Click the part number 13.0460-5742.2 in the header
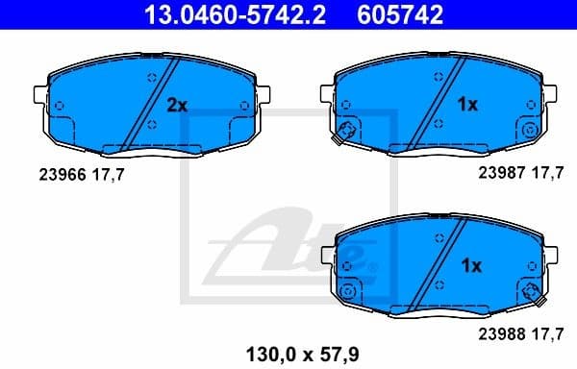[x=206, y=14]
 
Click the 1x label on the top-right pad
[x=466, y=105]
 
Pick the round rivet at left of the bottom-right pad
[x=351, y=289]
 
